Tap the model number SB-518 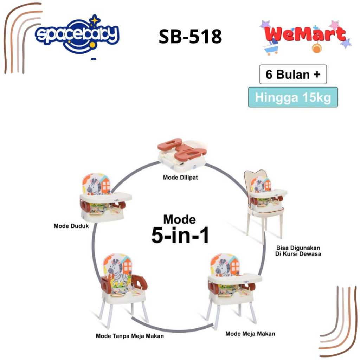coord(190,36)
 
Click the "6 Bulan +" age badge coord(293,75)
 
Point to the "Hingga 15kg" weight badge coord(293,97)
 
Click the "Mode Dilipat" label coord(180,178)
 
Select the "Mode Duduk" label coord(71,226)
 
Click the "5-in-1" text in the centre coord(180,235)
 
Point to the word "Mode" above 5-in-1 coord(180,219)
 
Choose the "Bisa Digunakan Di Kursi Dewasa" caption coord(298,250)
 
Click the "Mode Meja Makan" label coord(250,333)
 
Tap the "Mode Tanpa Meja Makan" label coord(130,336)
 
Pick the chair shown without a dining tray coord(123,285)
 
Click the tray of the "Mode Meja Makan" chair coord(235,278)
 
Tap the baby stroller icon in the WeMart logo coord(271,49)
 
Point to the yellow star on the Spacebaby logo coord(94,21)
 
